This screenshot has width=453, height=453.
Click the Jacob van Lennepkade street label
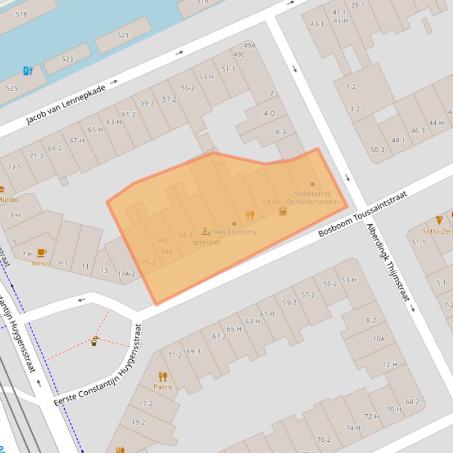(x=66, y=105)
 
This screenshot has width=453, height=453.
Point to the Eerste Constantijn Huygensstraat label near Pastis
(x=98, y=365)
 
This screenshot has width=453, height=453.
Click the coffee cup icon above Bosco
(x=41, y=253)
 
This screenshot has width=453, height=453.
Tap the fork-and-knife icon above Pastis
(x=163, y=377)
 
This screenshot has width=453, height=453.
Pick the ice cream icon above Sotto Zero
(x=439, y=220)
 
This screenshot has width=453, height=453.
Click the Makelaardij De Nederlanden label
(x=313, y=198)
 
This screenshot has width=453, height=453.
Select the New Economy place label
(x=234, y=232)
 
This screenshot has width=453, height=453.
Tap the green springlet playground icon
(x=206, y=232)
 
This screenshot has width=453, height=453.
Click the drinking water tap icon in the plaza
(x=94, y=341)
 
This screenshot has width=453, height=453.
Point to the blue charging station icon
(x=28, y=71)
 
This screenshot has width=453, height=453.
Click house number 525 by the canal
(x=12, y=89)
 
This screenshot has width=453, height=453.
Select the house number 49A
(x=249, y=45)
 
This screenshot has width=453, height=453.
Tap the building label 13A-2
(x=126, y=274)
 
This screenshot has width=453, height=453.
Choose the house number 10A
(x=378, y=339)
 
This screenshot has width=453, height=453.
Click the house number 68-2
(x=412, y=402)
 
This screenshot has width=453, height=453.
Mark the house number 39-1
(x=357, y=5)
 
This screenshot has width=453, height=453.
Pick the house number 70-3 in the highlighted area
(x=148, y=262)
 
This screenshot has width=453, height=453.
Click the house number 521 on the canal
(x=123, y=35)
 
